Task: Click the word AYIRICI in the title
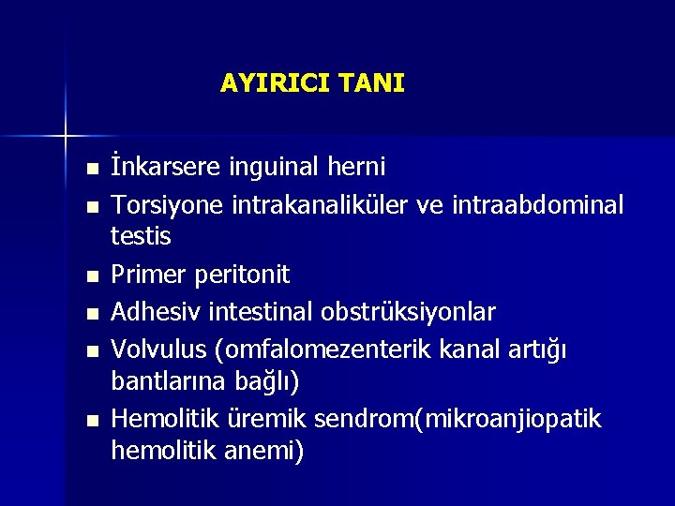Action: (x=265, y=83)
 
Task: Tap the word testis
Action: (x=141, y=237)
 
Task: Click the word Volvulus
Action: (x=158, y=348)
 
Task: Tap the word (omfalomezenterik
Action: (x=332, y=348)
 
